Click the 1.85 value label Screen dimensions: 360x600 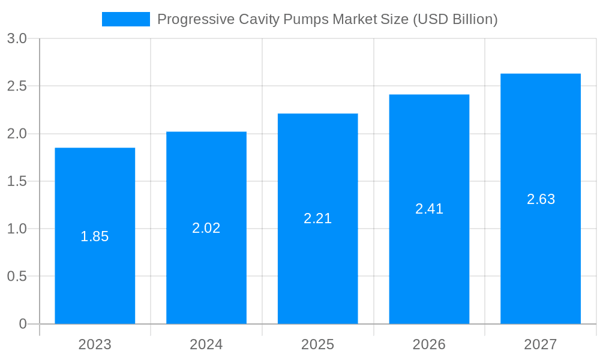pos(95,236)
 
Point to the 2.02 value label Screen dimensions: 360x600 pos(206,228)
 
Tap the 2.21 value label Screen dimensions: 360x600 pos(318,218)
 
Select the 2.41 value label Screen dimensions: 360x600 pos(429,209)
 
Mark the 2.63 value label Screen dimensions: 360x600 pos(541,199)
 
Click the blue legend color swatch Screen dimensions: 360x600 pos(126,19)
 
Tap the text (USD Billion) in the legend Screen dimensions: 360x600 pos(454,19)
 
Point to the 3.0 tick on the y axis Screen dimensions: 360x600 pos(17,38)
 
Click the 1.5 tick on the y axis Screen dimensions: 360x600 pos(17,181)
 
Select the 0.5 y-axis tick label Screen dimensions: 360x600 pos(17,277)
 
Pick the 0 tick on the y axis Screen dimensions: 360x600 pos(23,324)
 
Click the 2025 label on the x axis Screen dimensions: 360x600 pos(318,344)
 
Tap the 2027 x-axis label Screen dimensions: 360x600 pos(541,344)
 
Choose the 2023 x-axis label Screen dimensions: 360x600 pos(95,344)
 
